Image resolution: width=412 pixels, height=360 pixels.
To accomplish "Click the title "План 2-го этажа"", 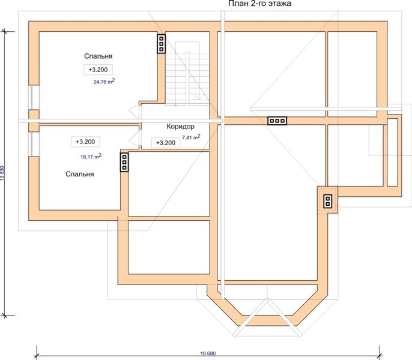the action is pyautogui.click(x=259, y=4).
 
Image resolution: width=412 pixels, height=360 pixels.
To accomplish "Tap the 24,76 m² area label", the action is pyautogui.click(x=104, y=81).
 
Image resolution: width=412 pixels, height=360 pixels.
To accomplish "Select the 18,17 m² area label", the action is pyautogui.click(x=91, y=156).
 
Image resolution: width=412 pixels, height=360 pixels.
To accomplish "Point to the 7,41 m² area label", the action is pyautogui.click(x=191, y=137).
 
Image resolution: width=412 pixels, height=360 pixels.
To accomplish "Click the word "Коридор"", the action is pyautogui.click(x=181, y=127).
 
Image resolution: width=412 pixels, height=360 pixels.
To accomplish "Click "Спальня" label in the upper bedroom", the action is pyautogui.click(x=98, y=56).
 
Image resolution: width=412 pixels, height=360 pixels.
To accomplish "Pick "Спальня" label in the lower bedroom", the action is pyautogui.click(x=80, y=174).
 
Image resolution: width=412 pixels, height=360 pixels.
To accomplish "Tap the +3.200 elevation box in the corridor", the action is pyautogui.click(x=166, y=143).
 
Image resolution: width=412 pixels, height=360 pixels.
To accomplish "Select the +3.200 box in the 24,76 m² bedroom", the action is pyautogui.click(x=98, y=70).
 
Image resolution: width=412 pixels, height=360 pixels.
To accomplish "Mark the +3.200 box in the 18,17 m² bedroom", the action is pyautogui.click(x=85, y=142).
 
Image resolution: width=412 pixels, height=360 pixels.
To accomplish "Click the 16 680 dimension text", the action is pyautogui.click(x=208, y=353).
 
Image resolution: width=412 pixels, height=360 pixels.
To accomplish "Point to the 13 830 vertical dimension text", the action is pyautogui.click(x=2, y=173).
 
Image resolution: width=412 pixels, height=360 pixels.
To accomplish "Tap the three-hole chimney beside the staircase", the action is pyautogui.click(x=162, y=44).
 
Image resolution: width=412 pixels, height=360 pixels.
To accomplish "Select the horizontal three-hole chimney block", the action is pyautogui.click(x=277, y=121).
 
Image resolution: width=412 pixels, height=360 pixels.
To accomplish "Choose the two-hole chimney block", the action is pyautogui.click(x=328, y=201).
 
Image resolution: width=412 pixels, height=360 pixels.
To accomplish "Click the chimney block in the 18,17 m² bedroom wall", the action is pyautogui.click(x=124, y=163).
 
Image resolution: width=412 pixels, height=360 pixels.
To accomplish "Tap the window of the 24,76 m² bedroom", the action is pyautogui.click(x=34, y=97).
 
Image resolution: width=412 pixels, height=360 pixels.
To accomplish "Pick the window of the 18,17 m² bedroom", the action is pyautogui.click(x=34, y=145).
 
